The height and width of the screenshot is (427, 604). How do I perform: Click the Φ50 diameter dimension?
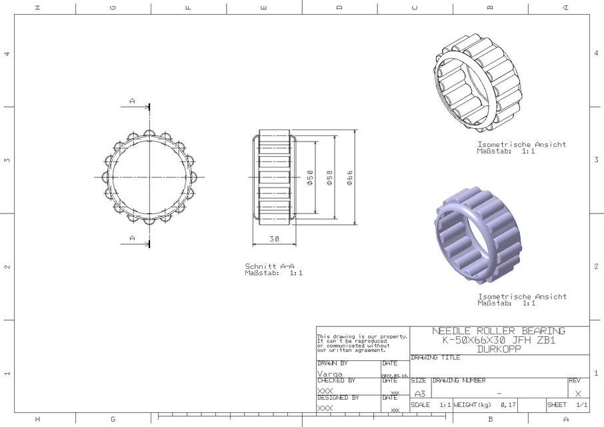point(309,178)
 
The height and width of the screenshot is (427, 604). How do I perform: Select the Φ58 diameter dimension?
point(329,178)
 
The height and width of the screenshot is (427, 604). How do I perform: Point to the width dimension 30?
point(274,238)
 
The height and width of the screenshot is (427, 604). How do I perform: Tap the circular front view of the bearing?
point(145,177)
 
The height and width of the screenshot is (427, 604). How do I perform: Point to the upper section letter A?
point(132,101)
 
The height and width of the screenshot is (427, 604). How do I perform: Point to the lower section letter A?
point(132,238)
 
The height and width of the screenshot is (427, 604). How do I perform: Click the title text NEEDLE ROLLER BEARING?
point(498,331)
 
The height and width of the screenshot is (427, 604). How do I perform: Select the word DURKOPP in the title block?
point(499,348)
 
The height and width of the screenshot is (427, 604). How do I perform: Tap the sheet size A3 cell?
point(419,394)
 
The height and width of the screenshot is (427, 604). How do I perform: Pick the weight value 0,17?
point(507,405)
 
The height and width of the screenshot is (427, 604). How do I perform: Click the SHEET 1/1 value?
point(581,405)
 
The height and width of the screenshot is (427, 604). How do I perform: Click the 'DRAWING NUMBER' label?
point(459,381)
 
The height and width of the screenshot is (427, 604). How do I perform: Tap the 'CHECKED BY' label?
point(337,380)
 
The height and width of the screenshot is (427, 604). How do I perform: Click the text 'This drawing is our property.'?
point(361,336)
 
